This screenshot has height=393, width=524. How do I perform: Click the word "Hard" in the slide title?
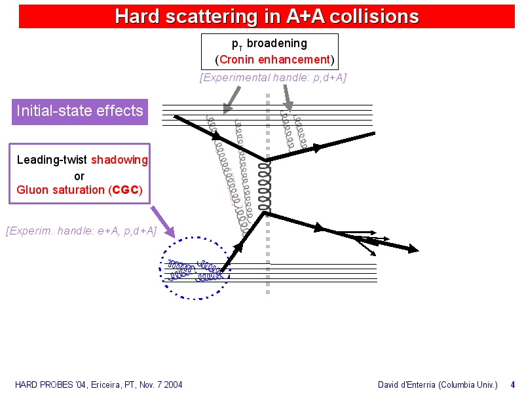138,16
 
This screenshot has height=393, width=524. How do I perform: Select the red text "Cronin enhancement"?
274,60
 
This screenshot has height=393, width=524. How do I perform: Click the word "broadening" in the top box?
277,43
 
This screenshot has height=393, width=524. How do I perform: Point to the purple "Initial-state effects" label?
80,111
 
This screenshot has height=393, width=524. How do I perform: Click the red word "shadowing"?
119,160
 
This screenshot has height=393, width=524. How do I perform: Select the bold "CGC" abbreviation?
126,190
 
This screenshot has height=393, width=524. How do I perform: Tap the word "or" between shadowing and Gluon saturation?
79,176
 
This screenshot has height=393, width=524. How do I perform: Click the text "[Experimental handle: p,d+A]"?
273,77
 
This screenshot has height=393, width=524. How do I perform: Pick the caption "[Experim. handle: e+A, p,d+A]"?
81,231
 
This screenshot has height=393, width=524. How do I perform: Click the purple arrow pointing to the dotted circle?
162,222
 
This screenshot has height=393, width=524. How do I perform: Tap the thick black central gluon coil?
265,187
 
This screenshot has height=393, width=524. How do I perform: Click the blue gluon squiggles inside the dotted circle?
195,270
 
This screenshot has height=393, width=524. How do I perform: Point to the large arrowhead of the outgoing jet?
414,249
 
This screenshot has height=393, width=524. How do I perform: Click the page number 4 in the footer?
512,384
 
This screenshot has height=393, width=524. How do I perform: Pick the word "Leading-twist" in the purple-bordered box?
52,160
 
